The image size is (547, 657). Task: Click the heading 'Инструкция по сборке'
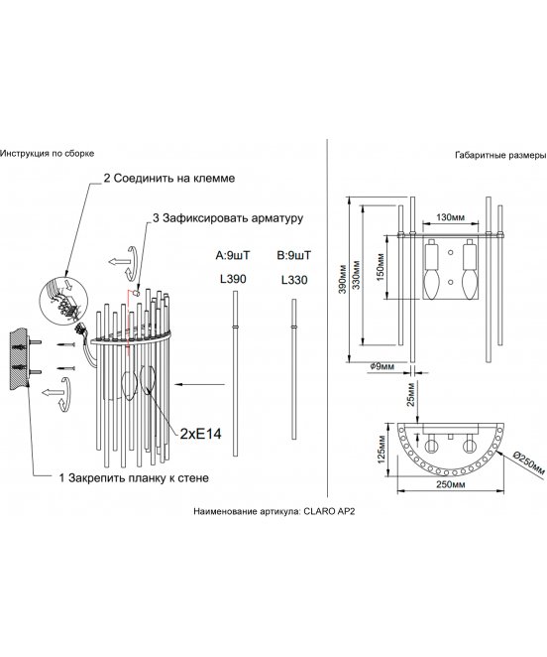(47, 154)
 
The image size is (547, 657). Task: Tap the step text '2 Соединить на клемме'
(169, 178)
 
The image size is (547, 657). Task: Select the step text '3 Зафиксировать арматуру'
(228, 218)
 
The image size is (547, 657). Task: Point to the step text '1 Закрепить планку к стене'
(134, 477)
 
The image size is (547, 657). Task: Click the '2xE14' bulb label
(200, 434)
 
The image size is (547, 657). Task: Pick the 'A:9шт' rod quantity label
(232, 255)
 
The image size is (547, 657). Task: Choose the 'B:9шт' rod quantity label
(293, 255)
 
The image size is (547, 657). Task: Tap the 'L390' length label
(233, 279)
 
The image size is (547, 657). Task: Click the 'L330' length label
(294, 280)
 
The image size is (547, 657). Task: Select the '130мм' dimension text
(450, 217)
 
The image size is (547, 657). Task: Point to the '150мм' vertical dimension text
(381, 268)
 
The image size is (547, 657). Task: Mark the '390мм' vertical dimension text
(343, 279)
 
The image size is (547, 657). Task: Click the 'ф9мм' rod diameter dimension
(383, 366)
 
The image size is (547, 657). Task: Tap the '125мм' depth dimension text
(382, 450)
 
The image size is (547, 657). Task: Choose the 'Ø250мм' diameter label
(528, 462)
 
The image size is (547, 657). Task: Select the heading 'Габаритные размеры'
(500, 156)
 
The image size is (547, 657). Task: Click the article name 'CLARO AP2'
(329, 511)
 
